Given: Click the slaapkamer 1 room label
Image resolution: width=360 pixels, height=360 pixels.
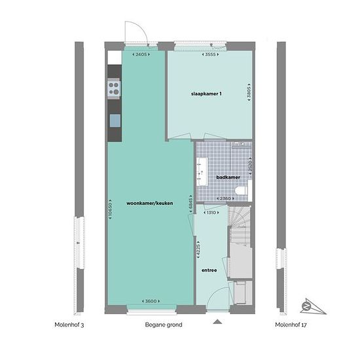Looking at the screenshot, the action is pos(206,94).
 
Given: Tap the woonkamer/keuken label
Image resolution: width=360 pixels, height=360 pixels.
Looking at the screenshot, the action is pos(150,203).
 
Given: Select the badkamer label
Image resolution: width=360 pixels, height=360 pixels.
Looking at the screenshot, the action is pos(228,177).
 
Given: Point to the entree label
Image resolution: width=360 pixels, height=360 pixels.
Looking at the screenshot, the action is pos(209,270).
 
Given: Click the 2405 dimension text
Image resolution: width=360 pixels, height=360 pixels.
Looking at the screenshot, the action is pos(141,54).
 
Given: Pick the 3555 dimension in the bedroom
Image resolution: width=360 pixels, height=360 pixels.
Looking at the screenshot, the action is pos(210,54).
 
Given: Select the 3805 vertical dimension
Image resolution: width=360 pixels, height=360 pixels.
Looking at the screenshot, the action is pos(249,92).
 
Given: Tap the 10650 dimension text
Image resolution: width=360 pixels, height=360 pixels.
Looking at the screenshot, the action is pos(110,209).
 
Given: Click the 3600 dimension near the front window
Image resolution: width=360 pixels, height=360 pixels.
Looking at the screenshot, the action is pos(151,301).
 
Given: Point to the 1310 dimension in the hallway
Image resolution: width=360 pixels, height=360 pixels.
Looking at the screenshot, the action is pos(211,213).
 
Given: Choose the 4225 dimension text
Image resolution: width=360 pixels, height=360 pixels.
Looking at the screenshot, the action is pos(198,250).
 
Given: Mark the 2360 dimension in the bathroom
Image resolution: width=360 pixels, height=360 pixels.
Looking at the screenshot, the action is pos(225,198).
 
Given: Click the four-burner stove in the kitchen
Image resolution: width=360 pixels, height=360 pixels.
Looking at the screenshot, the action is pos(114,88).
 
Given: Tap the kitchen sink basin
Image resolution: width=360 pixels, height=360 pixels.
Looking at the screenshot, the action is pos(115,120).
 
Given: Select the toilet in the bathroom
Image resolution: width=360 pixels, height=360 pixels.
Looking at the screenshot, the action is pos(242,190).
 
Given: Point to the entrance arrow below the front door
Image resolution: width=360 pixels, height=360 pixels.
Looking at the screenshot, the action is pos(217,322).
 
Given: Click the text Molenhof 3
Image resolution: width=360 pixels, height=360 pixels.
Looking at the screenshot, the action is pos(69,325).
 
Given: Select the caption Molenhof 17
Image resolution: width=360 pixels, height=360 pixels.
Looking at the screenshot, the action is pos(291,325).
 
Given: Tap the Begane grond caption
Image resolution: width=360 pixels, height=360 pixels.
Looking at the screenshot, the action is pos(164,325).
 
